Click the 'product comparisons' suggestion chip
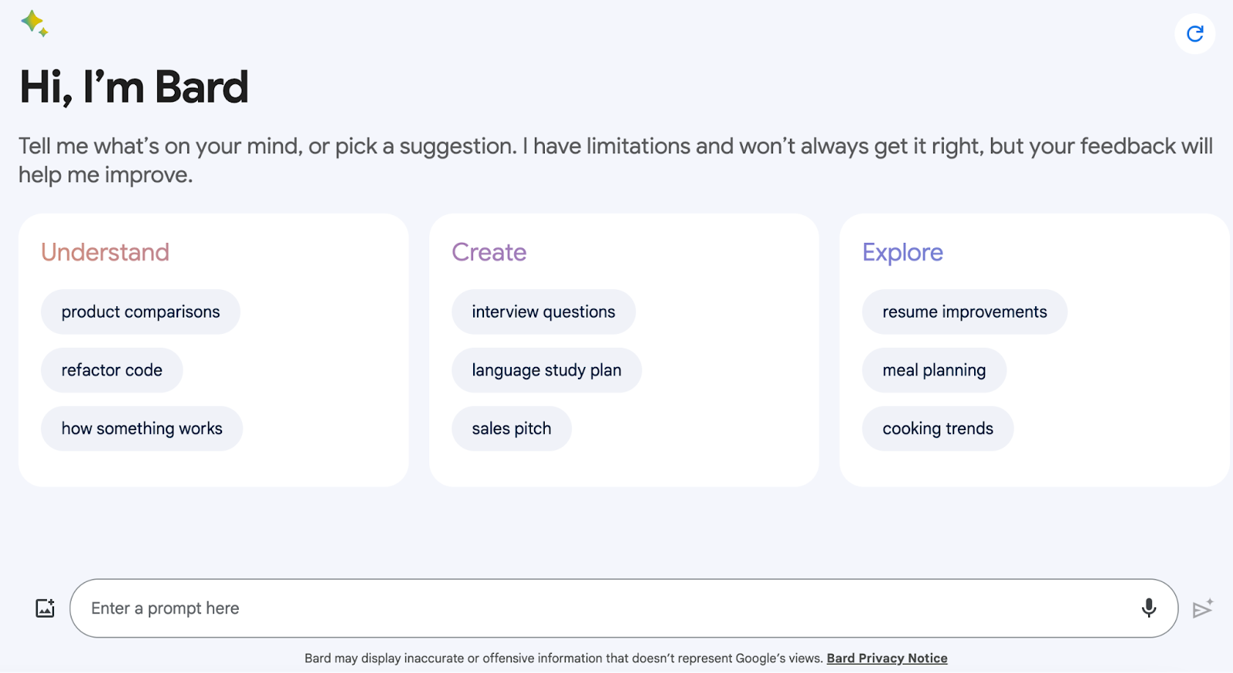point(140,311)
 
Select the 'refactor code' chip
point(112,370)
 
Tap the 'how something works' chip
point(142,429)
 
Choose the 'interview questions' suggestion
point(543,311)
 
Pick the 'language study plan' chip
point(546,370)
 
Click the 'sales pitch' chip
point(512,429)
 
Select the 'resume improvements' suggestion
point(964,311)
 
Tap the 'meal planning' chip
point(934,370)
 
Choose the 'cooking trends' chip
point(938,429)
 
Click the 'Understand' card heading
point(105,252)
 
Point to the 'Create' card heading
point(489,252)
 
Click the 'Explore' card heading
point(902,253)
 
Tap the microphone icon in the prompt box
point(1149,608)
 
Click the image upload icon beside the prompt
point(45,608)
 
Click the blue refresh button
point(1195,34)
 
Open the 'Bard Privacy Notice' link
point(887,658)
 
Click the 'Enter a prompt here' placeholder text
point(165,608)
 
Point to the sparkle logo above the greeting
point(35,24)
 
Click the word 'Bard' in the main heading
point(201,87)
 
